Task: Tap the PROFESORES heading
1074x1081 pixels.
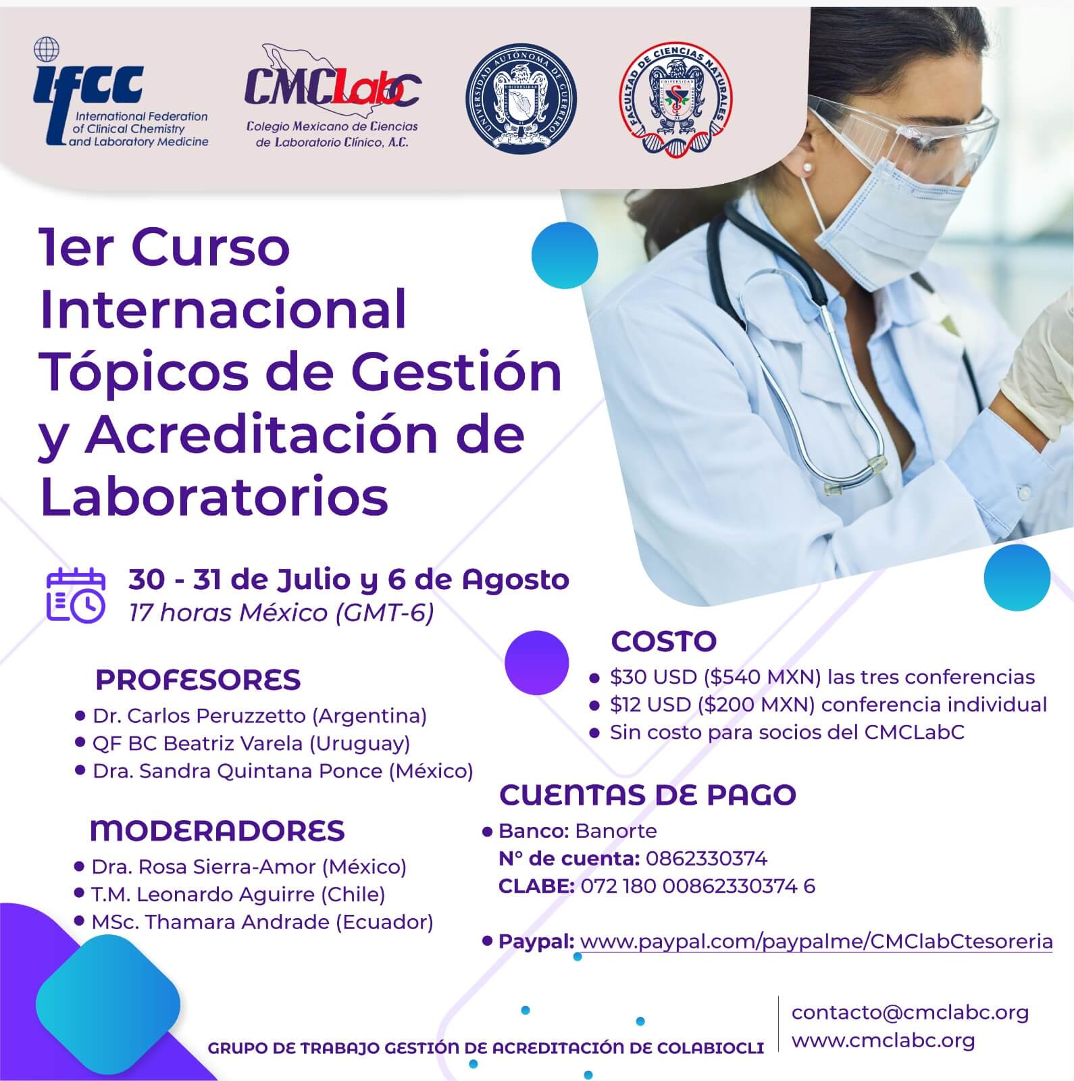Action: click(x=198, y=680)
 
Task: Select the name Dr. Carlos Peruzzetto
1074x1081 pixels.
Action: click(x=201, y=715)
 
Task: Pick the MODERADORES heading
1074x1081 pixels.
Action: click(x=217, y=830)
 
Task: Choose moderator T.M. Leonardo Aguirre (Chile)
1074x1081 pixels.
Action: click(x=238, y=895)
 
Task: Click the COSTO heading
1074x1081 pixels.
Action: click(x=663, y=641)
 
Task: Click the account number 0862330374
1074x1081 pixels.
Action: click(x=706, y=859)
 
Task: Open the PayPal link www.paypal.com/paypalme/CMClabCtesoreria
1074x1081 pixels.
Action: click(x=816, y=941)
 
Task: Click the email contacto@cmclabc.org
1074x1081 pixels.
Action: click(x=910, y=1012)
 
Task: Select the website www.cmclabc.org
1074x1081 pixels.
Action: click(x=883, y=1040)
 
